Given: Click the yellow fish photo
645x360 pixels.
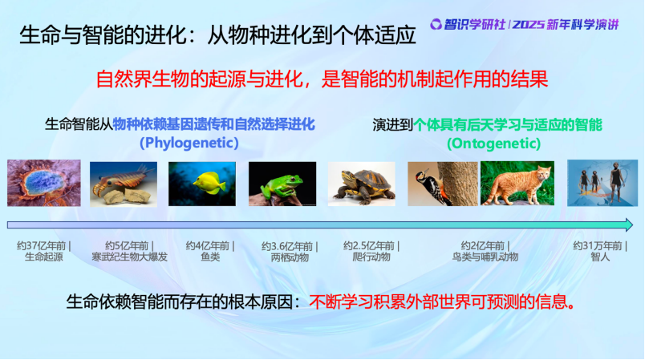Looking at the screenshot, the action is click(x=202, y=184).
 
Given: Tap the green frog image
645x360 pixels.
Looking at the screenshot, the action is click(x=282, y=184).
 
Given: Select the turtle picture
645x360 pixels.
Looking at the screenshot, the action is click(x=361, y=184).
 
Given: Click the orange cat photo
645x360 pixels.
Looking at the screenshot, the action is click(x=517, y=184).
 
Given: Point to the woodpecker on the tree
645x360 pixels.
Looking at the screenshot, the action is click(x=443, y=184).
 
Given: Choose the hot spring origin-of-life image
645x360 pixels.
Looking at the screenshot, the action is click(x=44, y=183).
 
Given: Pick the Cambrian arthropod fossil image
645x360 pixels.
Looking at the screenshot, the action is click(x=124, y=184).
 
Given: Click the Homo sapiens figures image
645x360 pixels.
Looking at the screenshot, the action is click(x=602, y=183).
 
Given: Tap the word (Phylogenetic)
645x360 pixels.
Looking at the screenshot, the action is click(x=189, y=143).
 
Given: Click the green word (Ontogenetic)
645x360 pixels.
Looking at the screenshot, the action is click(x=493, y=144).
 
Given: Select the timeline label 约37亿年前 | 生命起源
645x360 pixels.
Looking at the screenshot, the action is click(x=43, y=252).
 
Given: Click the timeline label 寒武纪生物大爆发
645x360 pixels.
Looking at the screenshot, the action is click(x=129, y=257).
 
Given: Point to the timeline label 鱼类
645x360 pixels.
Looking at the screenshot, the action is click(x=210, y=257).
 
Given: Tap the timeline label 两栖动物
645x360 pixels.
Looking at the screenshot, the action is click(x=290, y=257).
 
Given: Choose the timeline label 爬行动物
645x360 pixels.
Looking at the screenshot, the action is click(x=371, y=257).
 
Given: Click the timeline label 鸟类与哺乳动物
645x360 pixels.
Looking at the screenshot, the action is click(x=485, y=257).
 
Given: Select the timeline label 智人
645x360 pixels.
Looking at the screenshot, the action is click(x=600, y=257).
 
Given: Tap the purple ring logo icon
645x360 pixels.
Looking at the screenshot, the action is click(x=436, y=24).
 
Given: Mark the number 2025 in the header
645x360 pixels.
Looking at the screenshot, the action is click(x=528, y=25).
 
